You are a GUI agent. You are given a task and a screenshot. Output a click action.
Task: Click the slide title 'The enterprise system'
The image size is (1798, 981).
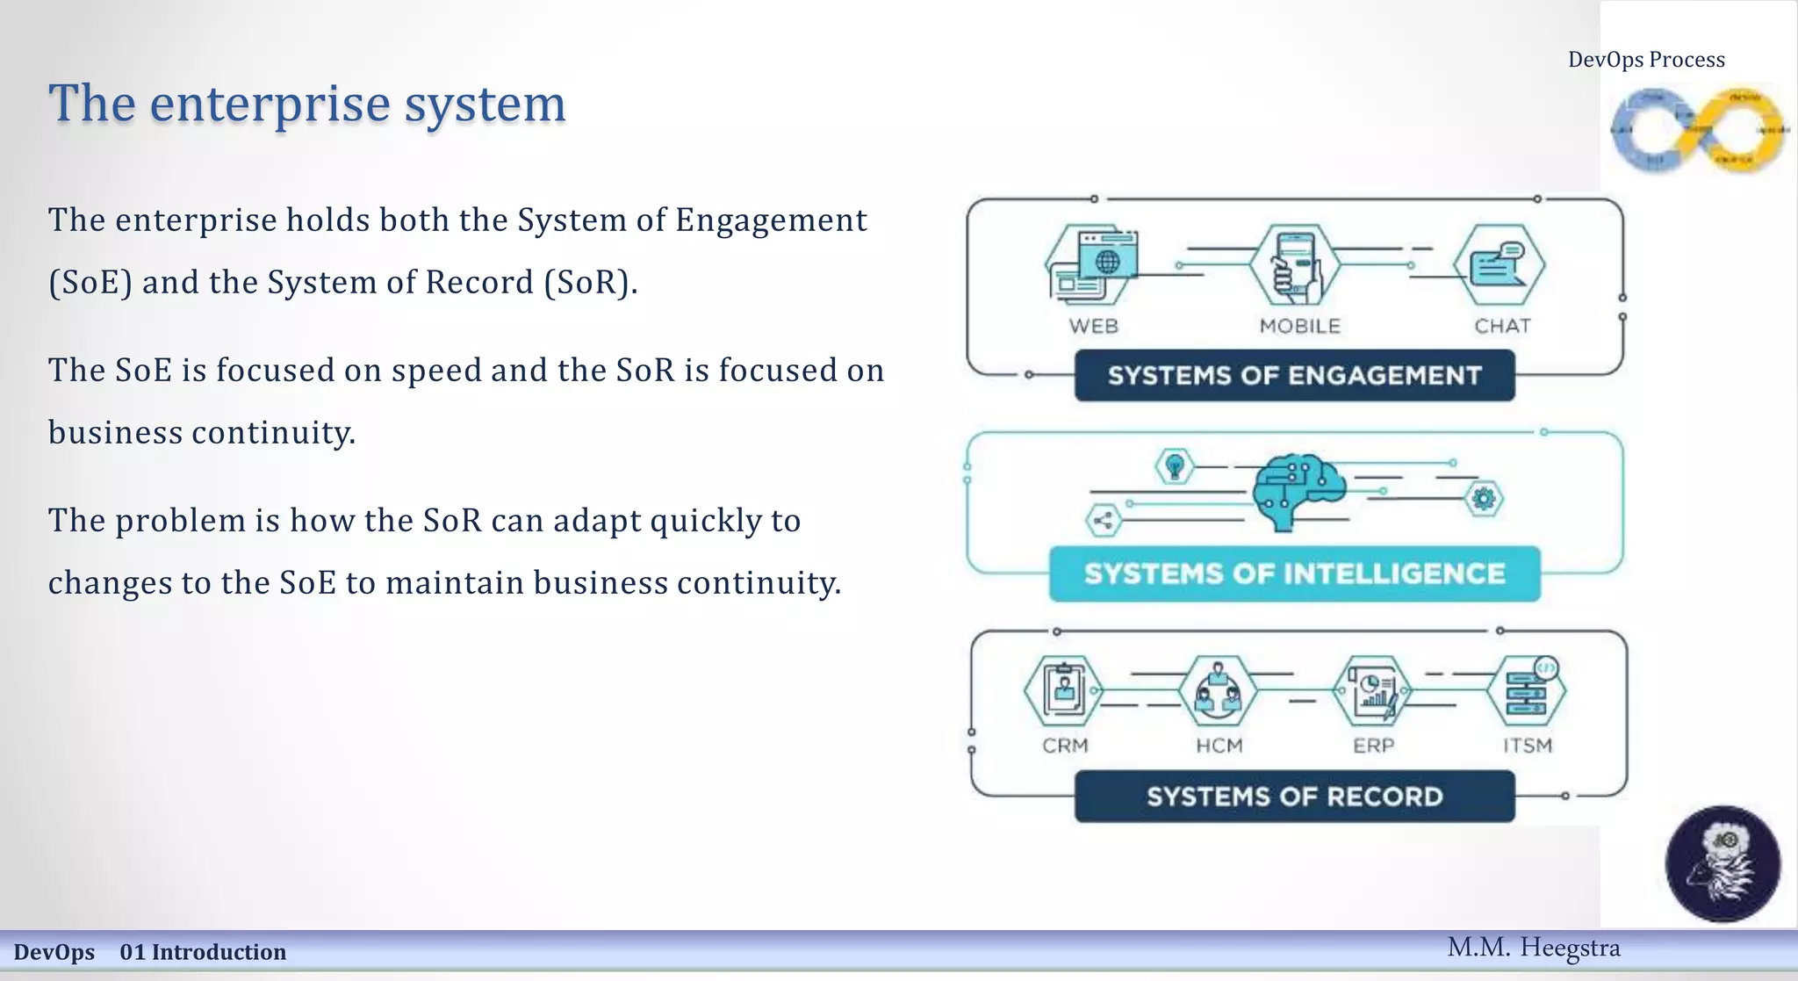[307, 104]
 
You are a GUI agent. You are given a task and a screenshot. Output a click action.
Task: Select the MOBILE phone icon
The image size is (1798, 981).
[1297, 264]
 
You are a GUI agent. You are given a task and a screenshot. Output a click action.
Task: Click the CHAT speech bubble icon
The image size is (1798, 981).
[1499, 264]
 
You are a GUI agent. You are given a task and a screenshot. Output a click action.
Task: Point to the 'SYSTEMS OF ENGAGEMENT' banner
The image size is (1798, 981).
[1294, 376]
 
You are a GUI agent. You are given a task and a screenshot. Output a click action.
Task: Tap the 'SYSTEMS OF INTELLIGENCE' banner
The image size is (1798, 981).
[1294, 574]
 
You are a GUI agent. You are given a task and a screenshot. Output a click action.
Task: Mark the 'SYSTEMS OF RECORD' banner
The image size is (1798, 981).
[1294, 797]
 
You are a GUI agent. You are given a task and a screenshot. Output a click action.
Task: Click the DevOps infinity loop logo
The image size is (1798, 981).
[1698, 130]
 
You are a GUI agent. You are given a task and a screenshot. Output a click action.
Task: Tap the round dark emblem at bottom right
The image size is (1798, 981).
[1722, 863]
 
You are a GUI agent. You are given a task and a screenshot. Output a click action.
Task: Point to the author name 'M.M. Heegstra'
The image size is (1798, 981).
[1533, 948]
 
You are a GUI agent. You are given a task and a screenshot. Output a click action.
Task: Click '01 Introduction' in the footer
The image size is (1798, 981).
[203, 952]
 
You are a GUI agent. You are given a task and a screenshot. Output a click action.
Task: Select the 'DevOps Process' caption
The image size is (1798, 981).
[1646, 60]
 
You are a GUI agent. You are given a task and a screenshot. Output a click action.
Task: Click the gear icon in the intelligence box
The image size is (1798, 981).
[1484, 499]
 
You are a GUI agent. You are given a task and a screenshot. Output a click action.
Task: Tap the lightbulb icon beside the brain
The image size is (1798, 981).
[1175, 465]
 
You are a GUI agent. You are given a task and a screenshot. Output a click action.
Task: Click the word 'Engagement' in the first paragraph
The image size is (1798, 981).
[771, 220]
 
